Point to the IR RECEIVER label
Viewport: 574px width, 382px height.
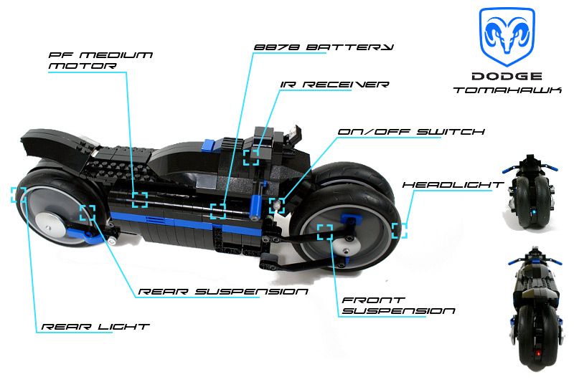[x=335, y=85]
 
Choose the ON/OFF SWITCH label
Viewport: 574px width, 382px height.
[x=413, y=132]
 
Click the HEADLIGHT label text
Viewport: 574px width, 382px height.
[x=453, y=185]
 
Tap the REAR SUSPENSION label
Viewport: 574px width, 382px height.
[x=222, y=292]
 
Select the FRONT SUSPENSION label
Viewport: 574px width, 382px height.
[x=398, y=305]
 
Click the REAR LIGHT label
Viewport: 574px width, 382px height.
[x=95, y=326]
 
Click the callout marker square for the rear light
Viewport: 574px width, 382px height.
[x=19, y=195]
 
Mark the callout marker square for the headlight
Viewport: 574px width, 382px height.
[x=400, y=230]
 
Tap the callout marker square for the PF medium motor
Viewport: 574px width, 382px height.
[x=139, y=199]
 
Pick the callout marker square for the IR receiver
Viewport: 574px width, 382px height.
[x=251, y=157]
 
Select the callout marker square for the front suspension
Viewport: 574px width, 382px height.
[x=325, y=231]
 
